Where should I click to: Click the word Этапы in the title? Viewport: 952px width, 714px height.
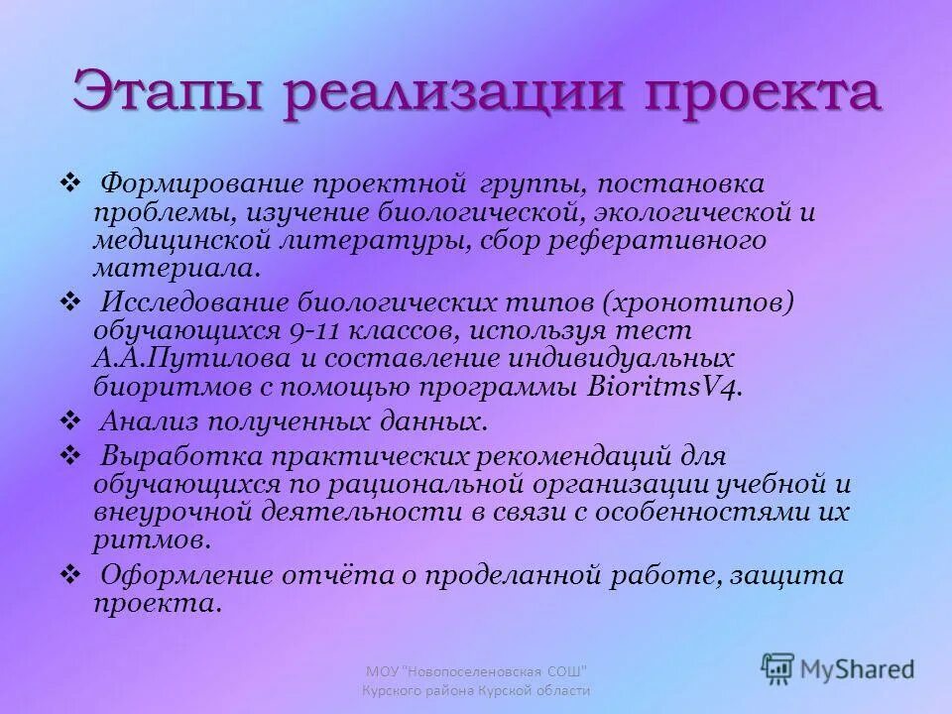click(x=165, y=94)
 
